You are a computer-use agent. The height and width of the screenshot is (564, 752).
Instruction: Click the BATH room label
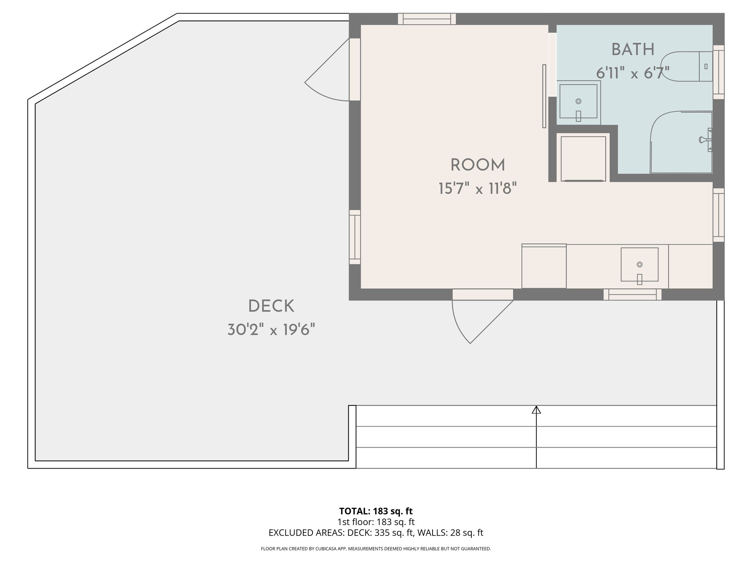point(633,50)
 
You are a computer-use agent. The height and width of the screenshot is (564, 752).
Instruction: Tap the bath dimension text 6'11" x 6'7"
point(633,73)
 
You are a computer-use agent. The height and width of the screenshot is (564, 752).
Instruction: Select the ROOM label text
point(477,165)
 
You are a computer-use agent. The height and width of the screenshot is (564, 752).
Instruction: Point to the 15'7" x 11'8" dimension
point(477,189)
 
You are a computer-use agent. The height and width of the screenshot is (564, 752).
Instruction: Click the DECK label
point(271,306)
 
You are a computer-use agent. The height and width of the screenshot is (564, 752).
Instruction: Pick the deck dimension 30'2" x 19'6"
point(271,330)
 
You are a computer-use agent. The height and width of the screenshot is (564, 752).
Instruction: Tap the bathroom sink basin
point(578,101)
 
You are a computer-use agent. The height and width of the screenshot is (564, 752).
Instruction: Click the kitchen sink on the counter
point(639,264)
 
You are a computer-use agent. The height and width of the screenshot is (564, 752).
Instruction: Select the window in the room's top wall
point(427,19)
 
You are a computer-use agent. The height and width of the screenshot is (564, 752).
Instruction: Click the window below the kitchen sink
point(632,294)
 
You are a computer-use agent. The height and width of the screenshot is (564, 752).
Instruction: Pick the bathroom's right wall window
point(719,72)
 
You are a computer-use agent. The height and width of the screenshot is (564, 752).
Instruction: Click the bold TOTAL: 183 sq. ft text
point(376,511)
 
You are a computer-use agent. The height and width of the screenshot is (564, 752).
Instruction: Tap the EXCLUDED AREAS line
point(376,533)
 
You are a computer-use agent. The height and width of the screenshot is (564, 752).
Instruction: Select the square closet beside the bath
point(583,158)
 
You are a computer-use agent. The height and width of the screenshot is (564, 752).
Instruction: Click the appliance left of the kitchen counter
point(544,266)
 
